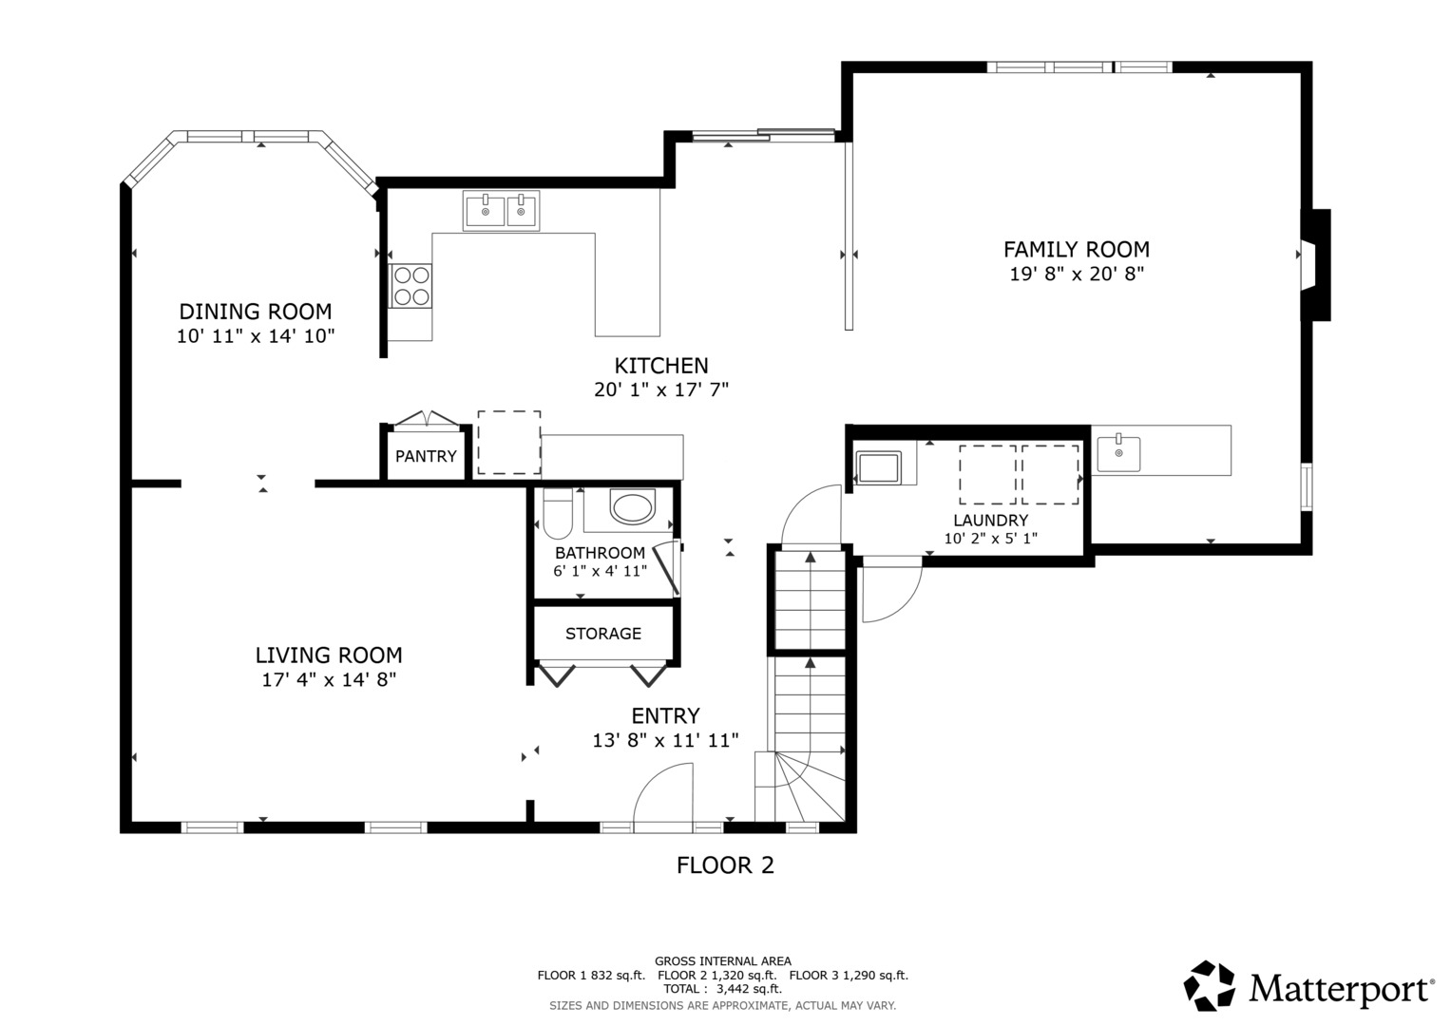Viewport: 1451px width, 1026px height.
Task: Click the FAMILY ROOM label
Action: (1076, 249)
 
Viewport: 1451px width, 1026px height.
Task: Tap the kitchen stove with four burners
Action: (410, 286)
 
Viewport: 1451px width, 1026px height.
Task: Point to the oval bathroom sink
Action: (632, 507)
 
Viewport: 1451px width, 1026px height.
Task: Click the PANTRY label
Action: (426, 457)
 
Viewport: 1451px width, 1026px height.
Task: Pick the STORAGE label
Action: (603, 634)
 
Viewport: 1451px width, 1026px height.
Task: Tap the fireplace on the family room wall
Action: (1315, 264)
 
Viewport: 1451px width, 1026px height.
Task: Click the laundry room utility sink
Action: (878, 467)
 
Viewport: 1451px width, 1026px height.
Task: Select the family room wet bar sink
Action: (1118, 453)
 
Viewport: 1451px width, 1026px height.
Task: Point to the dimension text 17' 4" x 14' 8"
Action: (329, 680)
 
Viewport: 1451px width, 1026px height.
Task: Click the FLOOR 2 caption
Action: (725, 865)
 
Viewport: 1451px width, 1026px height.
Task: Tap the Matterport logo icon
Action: (1209, 985)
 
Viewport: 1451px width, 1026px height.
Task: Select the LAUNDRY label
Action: (990, 521)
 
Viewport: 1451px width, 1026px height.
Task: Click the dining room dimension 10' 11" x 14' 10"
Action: (256, 336)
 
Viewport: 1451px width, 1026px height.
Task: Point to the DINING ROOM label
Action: (256, 312)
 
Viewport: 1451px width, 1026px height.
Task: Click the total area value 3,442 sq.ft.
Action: (749, 989)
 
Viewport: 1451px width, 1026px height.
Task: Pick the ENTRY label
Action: (665, 715)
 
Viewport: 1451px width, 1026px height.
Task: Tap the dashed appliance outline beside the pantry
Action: (509, 443)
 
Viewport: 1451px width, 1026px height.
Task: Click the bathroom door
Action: (667, 569)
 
